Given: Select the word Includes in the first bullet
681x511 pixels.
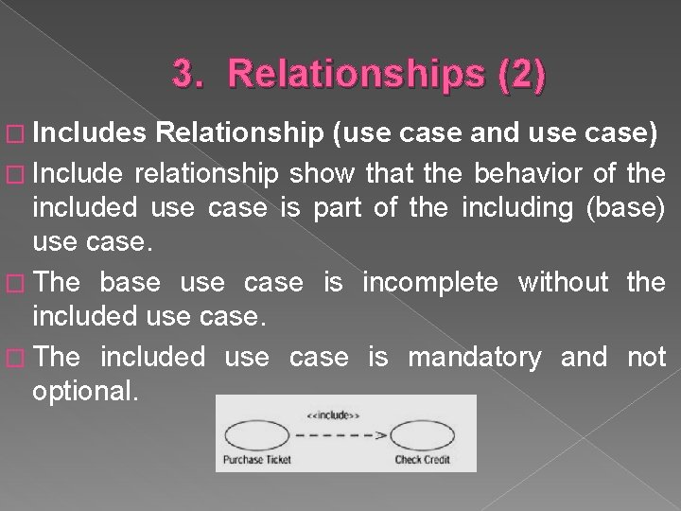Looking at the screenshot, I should pos(82,135).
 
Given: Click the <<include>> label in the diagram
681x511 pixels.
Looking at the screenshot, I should pos(332,414).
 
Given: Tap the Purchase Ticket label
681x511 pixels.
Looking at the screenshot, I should pos(257,461).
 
